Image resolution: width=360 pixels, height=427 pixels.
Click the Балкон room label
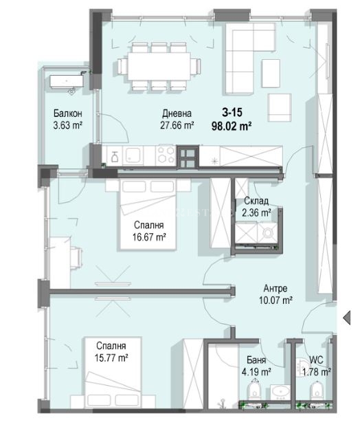pos(68,113)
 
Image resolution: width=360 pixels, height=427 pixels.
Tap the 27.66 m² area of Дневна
pos(177,126)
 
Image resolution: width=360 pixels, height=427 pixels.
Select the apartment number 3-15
pos(232,112)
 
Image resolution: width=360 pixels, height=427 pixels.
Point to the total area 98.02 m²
pos(232,126)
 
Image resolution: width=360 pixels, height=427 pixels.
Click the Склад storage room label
pos(256,201)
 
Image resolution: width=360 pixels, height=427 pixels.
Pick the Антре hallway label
pos(275,288)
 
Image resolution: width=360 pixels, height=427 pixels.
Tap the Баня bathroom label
pos(256,360)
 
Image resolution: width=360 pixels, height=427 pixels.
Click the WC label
pos(316,360)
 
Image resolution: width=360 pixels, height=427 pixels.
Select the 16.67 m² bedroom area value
pos(149,237)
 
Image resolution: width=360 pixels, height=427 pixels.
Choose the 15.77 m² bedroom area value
pos(111,358)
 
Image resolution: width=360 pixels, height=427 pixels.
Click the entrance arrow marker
pos(347,318)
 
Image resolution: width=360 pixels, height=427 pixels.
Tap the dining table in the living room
pos(159,67)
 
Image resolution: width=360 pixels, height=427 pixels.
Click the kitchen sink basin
pos(133,155)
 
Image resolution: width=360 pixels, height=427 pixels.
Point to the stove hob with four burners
pos(166,155)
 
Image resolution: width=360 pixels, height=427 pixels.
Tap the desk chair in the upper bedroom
pos(76,258)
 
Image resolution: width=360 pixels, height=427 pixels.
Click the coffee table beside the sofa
pos(271,74)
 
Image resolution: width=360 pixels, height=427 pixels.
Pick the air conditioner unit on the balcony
pos(67,81)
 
